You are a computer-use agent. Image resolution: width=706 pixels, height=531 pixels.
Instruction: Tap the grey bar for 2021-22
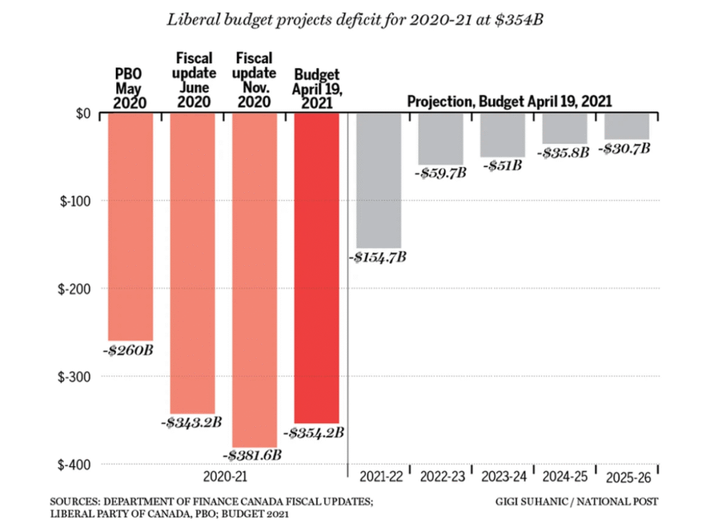(x=379, y=180)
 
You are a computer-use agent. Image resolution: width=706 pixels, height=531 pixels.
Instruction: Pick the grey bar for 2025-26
(x=627, y=126)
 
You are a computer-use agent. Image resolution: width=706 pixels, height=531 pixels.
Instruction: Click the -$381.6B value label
(x=254, y=455)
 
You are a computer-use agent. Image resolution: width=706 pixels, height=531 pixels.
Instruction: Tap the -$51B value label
(x=503, y=165)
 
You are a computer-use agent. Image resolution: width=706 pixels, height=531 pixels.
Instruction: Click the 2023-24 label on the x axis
(x=503, y=476)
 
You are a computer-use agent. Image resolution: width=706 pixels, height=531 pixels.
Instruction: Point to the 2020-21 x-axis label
(x=223, y=476)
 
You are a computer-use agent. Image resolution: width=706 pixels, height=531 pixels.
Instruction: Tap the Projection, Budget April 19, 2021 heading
(x=510, y=101)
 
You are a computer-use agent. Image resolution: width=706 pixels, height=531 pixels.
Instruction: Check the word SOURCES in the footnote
(x=75, y=501)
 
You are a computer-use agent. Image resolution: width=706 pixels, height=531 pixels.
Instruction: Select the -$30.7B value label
(x=625, y=147)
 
